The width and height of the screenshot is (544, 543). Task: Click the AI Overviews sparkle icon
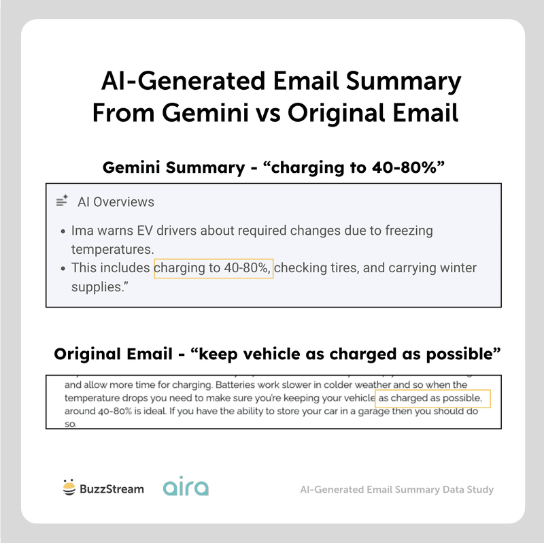point(62,201)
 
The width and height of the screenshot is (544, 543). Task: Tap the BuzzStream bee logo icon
point(68,488)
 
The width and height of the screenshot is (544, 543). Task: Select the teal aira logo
point(186,488)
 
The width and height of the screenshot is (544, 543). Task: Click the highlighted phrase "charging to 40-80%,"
point(214,268)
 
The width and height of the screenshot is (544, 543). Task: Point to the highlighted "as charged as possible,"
point(432,397)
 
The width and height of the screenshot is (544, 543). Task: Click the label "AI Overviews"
point(116,202)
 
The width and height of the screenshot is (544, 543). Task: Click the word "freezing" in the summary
point(406,231)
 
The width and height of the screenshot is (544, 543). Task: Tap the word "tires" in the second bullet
point(337,268)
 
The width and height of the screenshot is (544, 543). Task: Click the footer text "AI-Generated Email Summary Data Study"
point(396,489)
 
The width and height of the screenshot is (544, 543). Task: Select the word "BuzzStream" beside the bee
point(112,489)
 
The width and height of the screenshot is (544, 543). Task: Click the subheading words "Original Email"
point(112,355)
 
